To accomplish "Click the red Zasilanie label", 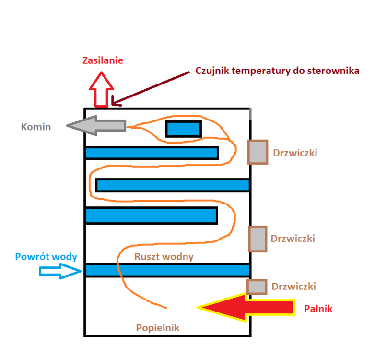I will click(x=103, y=60).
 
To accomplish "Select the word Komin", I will click(x=35, y=127).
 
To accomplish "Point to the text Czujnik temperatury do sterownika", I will click(x=277, y=71).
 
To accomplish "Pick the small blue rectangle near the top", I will click(x=183, y=129).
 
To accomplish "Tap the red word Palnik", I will click(x=318, y=309).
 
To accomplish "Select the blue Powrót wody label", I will click(x=46, y=256).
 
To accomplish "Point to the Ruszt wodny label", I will click(x=164, y=257).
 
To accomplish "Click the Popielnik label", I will click(x=158, y=328).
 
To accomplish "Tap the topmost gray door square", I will click(x=258, y=152).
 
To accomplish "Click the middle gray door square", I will click(x=258, y=239).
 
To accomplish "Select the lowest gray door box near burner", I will click(x=257, y=287).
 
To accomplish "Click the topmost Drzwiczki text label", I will click(x=295, y=153).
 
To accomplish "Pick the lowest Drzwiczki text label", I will click(x=293, y=287).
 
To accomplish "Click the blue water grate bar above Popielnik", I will click(x=167, y=270).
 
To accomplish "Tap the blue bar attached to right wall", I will click(x=173, y=185).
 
